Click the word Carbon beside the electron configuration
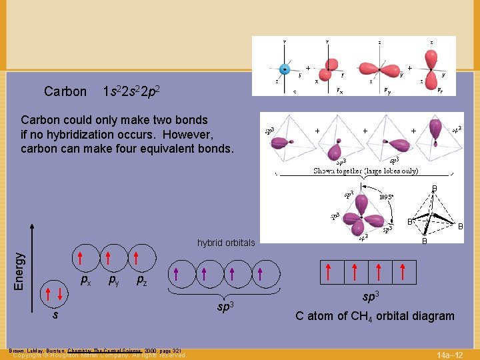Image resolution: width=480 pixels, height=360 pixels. [65, 91]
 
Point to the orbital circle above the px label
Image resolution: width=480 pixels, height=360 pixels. [80, 259]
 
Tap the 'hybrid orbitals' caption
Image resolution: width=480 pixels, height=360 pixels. [226, 243]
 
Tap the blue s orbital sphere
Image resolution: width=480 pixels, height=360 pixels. [285, 69]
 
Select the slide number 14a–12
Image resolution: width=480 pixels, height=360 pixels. [453, 353]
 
